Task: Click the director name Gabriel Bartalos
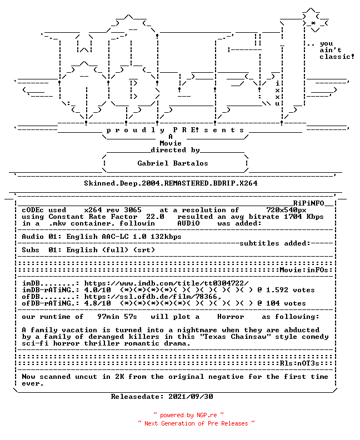click(173, 163)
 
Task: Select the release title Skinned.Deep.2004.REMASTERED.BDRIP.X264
click(171, 183)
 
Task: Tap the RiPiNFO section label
click(309, 203)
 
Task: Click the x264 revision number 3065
click(133, 210)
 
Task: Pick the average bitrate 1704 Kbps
click(303, 217)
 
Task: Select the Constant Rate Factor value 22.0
click(155, 217)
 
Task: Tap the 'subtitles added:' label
click(275, 243)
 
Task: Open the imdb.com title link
click(166, 283)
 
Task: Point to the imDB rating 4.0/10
click(97, 290)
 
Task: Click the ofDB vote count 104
click(273, 303)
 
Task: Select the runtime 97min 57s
click(117, 317)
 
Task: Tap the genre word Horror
click(231, 317)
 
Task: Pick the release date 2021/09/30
click(191, 397)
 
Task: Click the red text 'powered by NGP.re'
click(188, 415)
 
